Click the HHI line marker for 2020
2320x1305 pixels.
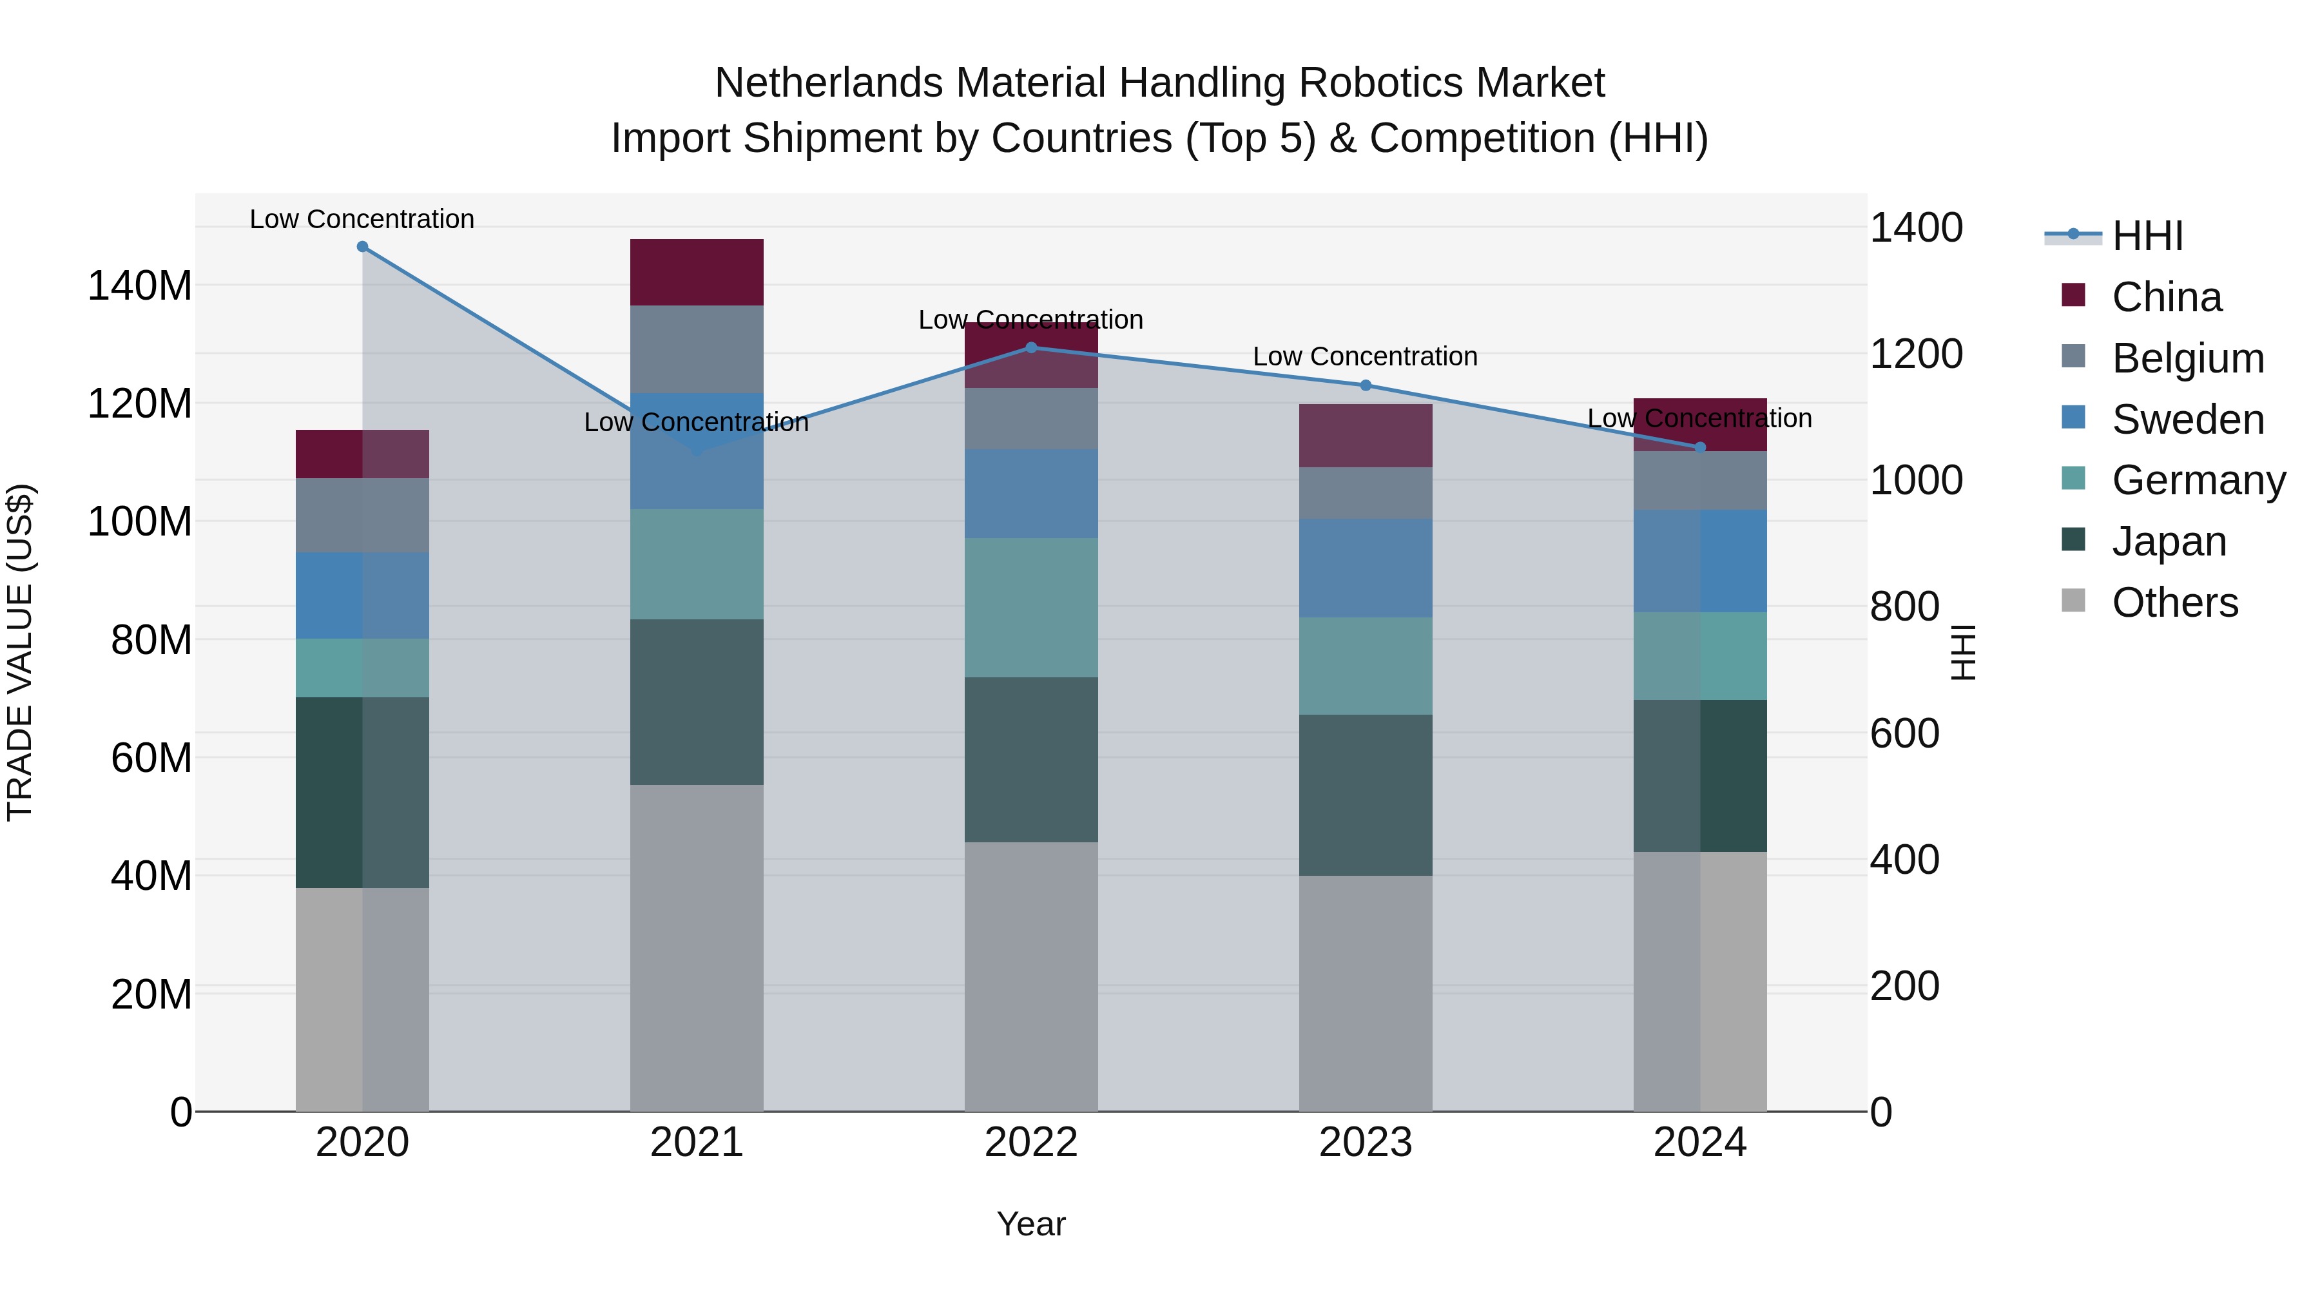pyautogui.click(x=362, y=246)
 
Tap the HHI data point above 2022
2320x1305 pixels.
pyautogui.click(x=1031, y=347)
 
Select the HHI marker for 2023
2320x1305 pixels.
pyautogui.click(x=1366, y=385)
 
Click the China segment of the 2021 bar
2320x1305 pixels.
pyautogui.click(x=696, y=272)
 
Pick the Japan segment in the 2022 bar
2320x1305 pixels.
pyautogui.click(x=1031, y=759)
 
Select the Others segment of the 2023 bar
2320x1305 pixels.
pyautogui.click(x=1366, y=992)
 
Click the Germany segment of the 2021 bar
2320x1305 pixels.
pyautogui.click(x=696, y=564)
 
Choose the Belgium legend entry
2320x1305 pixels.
pyautogui.click(x=2187, y=358)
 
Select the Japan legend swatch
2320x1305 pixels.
pyautogui.click(x=2073, y=541)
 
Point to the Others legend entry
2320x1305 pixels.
pyautogui.click(x=2174, y=603)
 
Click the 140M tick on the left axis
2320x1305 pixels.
pyautogui.click(x=140, y=286)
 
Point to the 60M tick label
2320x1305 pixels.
pyautogui.click(x=151, y=759)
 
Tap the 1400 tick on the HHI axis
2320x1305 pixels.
pyautogui.click(x=1916, y=228)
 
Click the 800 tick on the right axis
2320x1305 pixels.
pyautogui.click(x=1904, y=607)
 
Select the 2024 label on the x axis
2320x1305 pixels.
pyautogui.click(x=1699, y=1143)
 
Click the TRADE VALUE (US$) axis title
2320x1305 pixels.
pyautogui.click(x=20, y=652)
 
